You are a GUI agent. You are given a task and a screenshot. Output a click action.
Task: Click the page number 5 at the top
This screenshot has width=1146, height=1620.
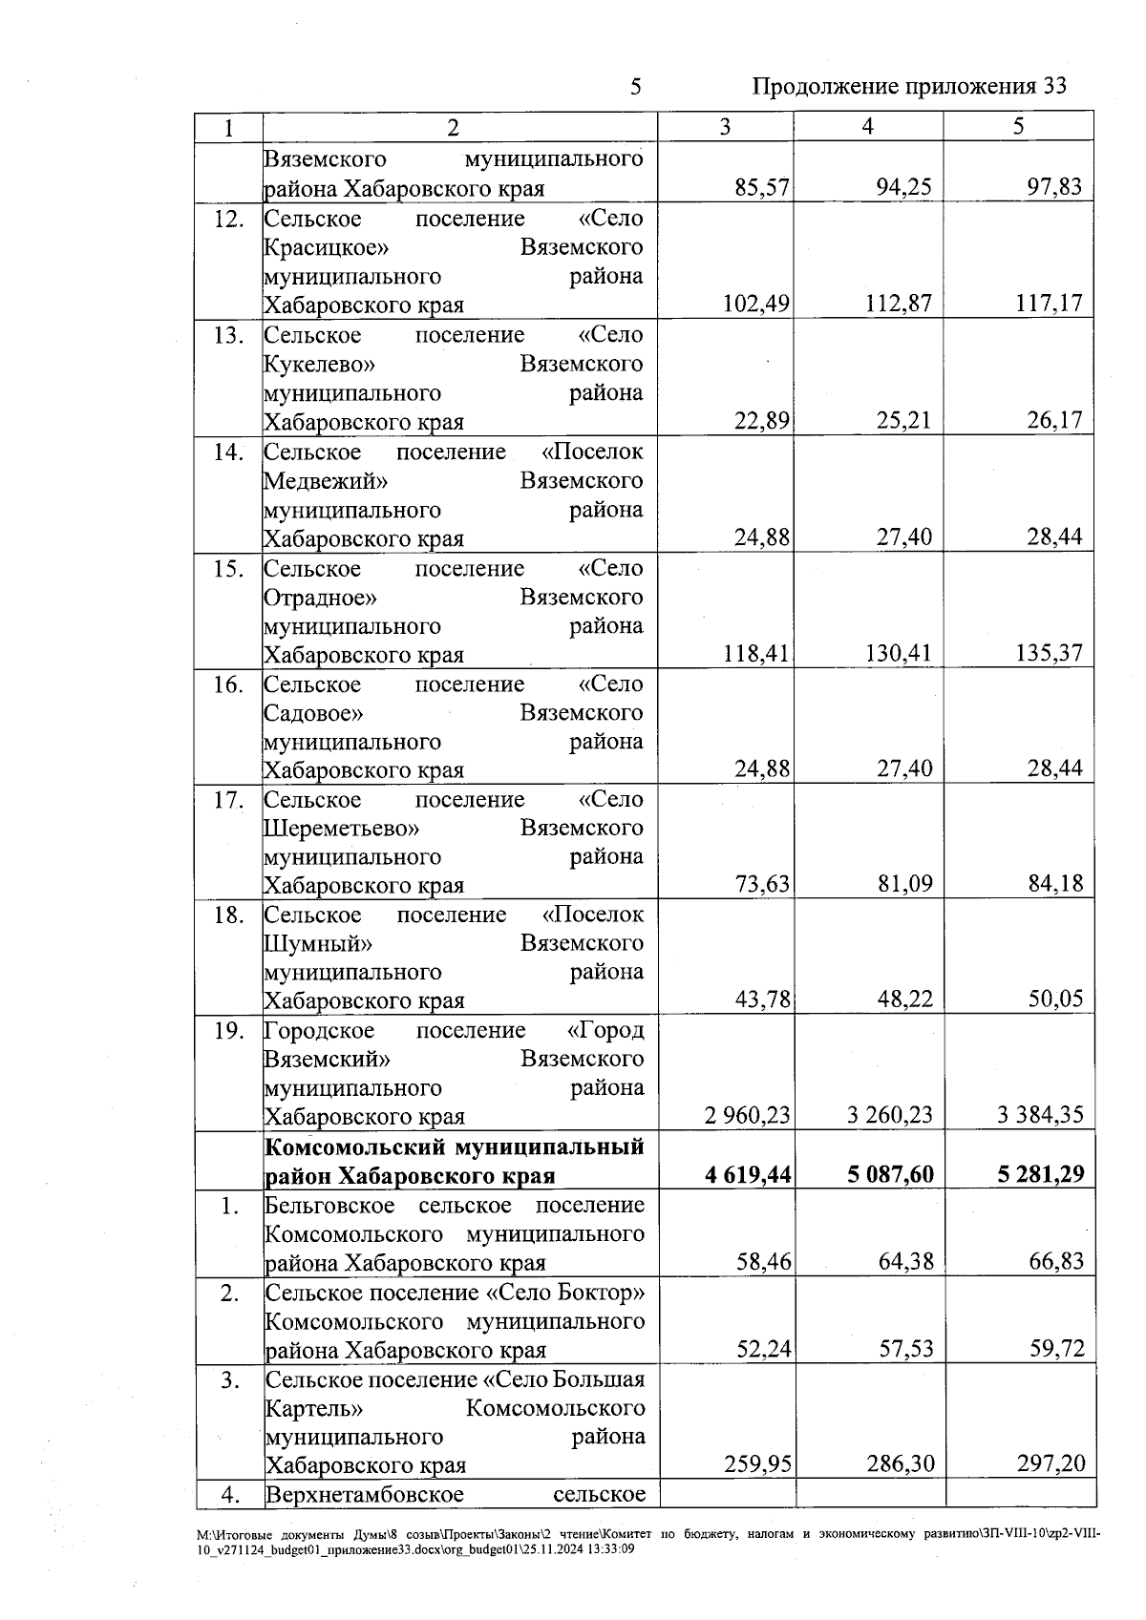click(x=635, y=88)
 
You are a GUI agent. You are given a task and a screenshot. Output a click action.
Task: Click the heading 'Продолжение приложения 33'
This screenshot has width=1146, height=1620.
click(x=908, y=87)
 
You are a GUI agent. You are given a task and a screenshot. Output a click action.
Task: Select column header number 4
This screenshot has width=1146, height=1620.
click(x=867, y=127)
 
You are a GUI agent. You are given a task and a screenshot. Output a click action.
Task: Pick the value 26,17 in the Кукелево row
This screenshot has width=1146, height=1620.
click(x=1054, y=421)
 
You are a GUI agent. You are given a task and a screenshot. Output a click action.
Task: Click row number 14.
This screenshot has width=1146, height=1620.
click(x=228, y=452)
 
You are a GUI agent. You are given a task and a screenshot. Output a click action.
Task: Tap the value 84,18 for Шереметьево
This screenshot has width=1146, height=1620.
click(x=1055, y=884)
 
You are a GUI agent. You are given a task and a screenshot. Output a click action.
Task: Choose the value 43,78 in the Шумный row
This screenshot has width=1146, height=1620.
click(x=762, y=999)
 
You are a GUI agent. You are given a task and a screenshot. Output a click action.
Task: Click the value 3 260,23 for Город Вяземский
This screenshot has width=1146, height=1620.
click(x=890, y=1116)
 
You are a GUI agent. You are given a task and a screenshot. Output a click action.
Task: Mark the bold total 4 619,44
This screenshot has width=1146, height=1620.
click(x=748, y=1175)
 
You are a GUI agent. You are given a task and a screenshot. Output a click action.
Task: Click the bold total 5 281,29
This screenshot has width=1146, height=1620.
click(x=1041, y=1175)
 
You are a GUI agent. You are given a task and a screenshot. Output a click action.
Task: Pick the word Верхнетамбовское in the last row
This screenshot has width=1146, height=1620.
click(x=364, y=1495)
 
